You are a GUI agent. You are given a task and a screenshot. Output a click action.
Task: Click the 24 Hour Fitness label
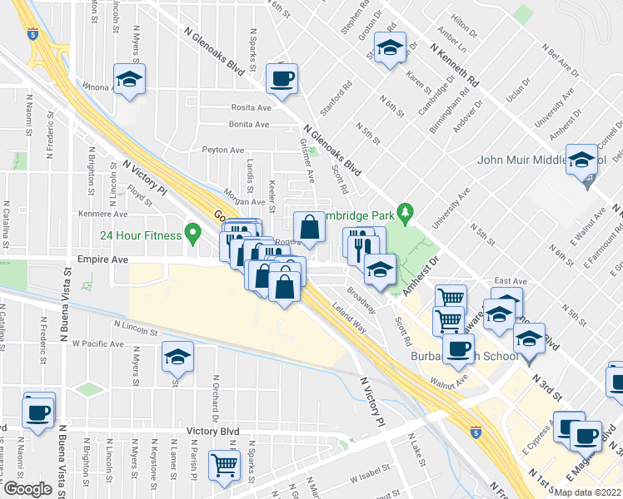(141, 235)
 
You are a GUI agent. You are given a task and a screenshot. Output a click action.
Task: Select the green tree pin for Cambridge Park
(406, 212)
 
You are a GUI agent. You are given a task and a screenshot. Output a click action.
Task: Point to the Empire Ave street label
(104, 259)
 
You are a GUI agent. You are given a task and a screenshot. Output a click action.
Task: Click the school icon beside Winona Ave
(129, 80)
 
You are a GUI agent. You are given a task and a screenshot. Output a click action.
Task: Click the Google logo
(28, 489)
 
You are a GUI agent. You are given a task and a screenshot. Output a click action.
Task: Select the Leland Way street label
(350, 320)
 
